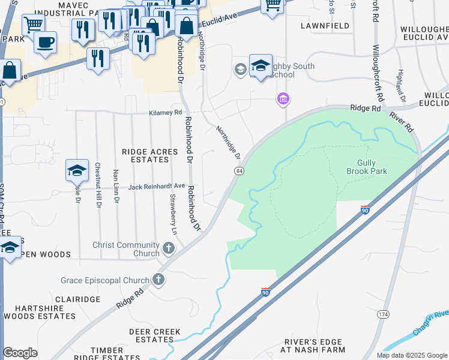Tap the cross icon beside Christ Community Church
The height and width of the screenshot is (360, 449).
click(169, 247)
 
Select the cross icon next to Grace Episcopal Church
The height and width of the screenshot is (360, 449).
click(158, 279)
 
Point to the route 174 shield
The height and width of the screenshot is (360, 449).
click(383, 314)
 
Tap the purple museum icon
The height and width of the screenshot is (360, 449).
click(283, 99)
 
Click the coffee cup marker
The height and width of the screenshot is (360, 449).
click(45, 43)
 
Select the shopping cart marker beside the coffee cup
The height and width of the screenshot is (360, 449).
click(33, 25)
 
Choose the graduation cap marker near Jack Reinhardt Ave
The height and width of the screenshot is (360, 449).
click(77, 171)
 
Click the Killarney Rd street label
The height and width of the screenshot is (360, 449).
click(165, 113)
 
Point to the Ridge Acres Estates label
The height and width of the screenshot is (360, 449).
click(150, 156)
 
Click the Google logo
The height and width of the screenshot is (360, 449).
click(20, 353)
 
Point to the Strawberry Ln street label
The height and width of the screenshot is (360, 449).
click(173, 214)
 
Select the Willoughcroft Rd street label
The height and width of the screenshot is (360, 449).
click(377, 72)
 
